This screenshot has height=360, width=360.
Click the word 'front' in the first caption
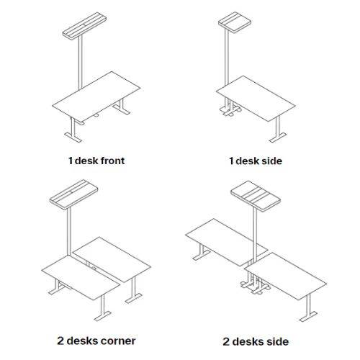[112, 161]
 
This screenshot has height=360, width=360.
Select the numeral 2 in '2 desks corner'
[60, 341]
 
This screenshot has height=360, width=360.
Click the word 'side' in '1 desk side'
[271, 161]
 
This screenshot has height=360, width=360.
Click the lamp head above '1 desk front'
[84, 25]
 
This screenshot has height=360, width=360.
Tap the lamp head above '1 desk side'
[235, 22]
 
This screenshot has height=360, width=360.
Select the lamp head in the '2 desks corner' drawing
[73, 194]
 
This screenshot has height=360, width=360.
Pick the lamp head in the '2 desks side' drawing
[256, 196]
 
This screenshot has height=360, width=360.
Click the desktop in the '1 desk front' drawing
[96, 96]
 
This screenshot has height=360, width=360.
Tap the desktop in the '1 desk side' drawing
[256, 99]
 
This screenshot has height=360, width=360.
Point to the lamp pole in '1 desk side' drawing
[227, 58]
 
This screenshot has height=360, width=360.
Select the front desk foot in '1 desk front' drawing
[73, 137]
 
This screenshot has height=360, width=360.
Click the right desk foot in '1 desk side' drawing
[278, 138]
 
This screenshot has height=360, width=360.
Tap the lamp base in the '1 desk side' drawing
[230, 111]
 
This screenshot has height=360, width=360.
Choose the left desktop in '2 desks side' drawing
[227, 242]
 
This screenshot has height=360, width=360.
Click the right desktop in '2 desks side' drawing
[285, 276]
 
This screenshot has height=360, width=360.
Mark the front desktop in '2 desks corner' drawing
[81, 277]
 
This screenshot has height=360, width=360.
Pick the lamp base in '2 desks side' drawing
[255, 287]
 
